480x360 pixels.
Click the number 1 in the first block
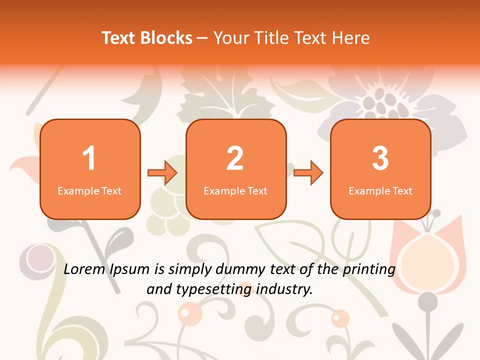pos(89,158)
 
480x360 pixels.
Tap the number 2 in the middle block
pos(235,158)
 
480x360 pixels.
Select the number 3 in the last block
pos(380,158)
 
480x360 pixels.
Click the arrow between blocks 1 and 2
pos(162,173)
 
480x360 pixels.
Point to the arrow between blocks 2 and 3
pos(308,173)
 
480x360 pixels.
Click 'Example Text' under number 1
pos(89,191)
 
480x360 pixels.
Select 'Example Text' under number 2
pos(235,191)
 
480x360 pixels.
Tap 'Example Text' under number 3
pos(380,191)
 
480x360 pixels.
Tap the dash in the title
pos(203,38)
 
